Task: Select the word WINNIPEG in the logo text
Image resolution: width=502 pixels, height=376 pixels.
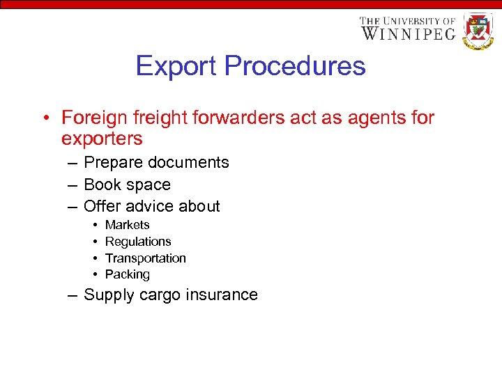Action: click(408, 33)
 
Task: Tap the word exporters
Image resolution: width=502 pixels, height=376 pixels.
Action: click(102, 139)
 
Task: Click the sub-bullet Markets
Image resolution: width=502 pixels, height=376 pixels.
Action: click(127, 225)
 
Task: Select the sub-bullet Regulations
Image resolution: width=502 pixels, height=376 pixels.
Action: click(138, 242)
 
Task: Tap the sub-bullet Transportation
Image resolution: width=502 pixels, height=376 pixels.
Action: click(146, 258)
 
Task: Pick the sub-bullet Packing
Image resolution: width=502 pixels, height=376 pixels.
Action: click(128, 274)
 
